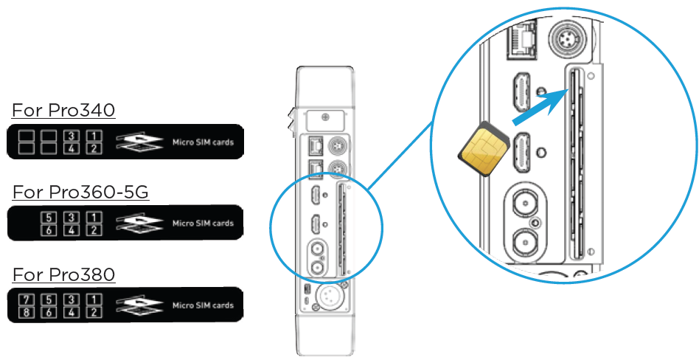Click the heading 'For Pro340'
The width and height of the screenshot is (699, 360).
point(63,111)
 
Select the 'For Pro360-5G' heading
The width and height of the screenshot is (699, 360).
point(80,193)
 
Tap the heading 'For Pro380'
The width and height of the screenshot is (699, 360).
point(63,275)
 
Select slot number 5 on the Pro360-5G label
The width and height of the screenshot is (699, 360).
point(49,218)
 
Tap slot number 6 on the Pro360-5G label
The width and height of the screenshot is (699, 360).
point(49,229)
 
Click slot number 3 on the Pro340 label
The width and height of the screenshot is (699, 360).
point(72,136)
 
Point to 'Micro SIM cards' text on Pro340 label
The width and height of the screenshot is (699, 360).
point(203,142)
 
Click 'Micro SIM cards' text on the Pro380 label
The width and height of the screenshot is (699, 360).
point(203,305)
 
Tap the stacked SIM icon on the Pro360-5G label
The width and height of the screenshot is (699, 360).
point(140,224)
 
